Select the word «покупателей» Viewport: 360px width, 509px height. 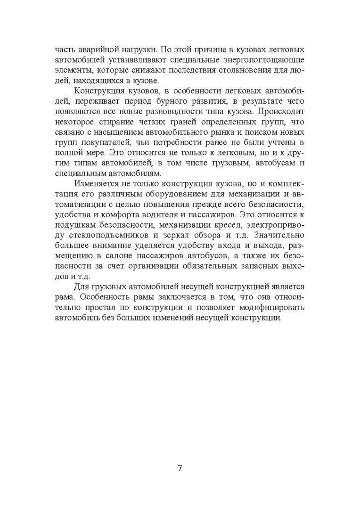pyautogui.click(x=101, y=142)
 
